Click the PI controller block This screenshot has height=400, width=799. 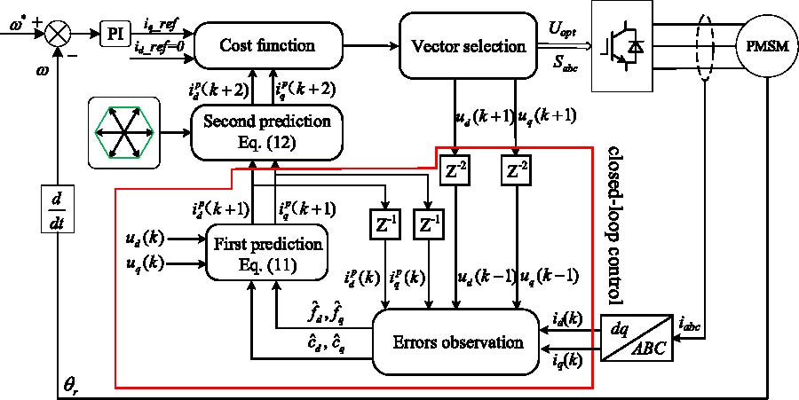[x=114, y=35]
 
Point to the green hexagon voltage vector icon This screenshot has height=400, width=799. [x=123, y=132]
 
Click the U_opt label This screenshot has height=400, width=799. [x=563, y=31]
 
